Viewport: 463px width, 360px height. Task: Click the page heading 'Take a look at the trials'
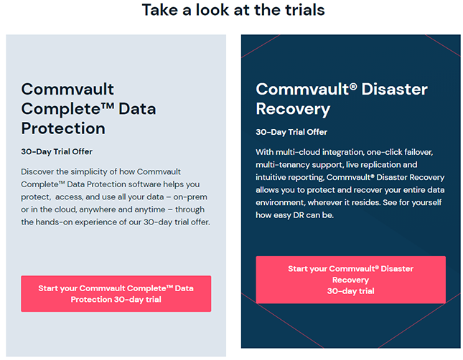coord(233,10)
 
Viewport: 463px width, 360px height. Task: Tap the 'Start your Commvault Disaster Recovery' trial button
coord(351,280)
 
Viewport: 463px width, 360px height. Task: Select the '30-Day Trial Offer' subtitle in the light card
coord(57,151)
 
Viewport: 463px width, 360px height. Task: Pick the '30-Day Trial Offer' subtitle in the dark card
coord(291,132)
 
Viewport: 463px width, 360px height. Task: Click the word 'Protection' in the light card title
coord(63,128)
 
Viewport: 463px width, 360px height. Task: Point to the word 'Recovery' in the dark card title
coord(293,109)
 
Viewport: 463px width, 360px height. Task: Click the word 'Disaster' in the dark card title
coord(395,89)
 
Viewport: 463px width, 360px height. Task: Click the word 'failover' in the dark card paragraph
coord(418,152)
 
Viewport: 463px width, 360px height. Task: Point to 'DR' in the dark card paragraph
coord(298,215)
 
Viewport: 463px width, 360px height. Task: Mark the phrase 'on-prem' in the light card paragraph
coord(190,197)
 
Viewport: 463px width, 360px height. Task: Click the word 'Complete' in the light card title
coord(64,109)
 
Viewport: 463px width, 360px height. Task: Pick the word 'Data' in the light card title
coord(137,109)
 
